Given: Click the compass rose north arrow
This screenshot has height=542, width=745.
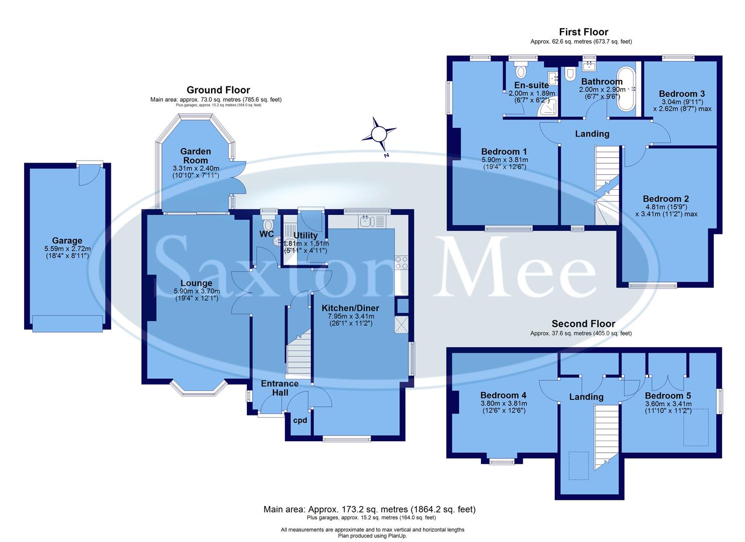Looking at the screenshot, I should pos(379,134).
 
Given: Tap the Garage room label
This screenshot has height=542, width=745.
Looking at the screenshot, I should pos(67,241).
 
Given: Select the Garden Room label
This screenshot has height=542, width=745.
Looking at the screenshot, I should pos(195,156).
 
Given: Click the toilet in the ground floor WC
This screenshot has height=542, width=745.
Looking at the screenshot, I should pos(268,224).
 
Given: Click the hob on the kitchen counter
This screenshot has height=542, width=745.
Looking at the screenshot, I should pos(401,262).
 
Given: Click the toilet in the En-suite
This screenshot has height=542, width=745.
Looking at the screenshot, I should pos(520,71).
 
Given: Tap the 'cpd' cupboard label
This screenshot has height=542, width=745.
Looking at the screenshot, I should pos(300,421).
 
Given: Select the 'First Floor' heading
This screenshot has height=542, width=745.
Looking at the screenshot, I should pos(583,32).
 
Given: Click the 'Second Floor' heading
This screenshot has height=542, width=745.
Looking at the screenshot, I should pos(583,324).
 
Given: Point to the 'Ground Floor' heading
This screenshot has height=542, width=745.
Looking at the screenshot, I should pos(218,90).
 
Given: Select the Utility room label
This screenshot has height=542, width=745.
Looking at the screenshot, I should pos(306,235).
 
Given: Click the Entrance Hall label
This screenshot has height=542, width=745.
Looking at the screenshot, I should pos(279,387).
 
